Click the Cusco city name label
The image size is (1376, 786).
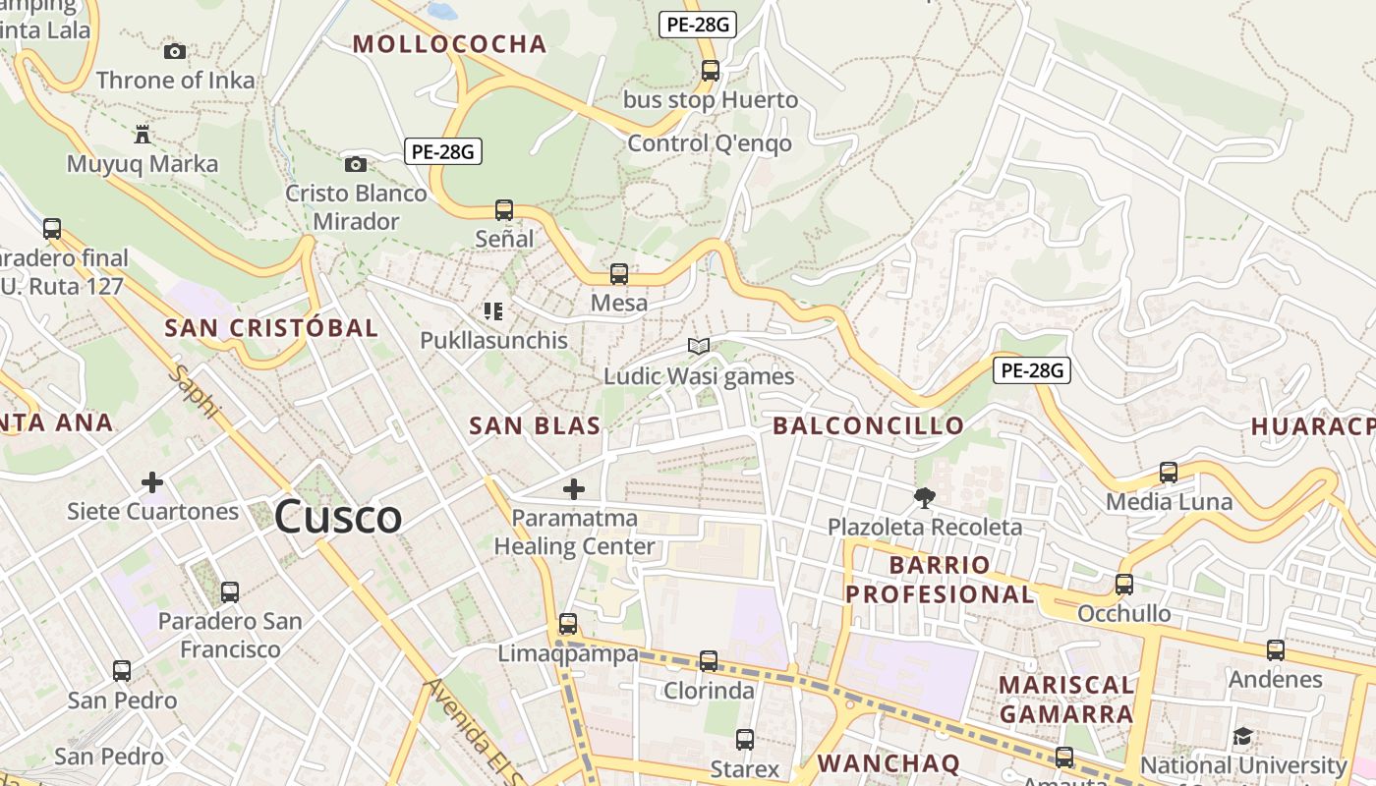(338, 517)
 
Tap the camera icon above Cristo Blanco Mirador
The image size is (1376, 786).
(356, 164)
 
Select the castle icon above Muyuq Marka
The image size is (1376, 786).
(143, 133)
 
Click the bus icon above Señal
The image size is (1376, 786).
(504, 209)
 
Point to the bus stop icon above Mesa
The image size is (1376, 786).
(619, 274)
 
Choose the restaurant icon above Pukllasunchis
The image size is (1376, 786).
(493, 311)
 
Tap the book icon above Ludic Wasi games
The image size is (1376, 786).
(699, 346)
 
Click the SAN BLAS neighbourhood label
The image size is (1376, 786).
(535, 425)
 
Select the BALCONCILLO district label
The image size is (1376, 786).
(869, 425)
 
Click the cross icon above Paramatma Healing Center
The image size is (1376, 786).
(574, 488)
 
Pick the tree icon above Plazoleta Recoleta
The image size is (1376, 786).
(924, 497)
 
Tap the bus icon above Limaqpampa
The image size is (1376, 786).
(568, 624)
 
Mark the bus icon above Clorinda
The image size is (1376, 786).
(709, 661)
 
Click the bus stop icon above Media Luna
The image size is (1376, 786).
(1169, 473)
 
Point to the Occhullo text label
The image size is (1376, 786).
(1124, 614)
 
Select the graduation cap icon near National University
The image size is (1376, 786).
(1243, 736)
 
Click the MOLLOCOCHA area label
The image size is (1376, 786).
(449, 44)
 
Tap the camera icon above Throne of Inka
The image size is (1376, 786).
(175, 51)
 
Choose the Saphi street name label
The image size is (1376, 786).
(194, 392)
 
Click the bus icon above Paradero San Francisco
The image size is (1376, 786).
(230, 592)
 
